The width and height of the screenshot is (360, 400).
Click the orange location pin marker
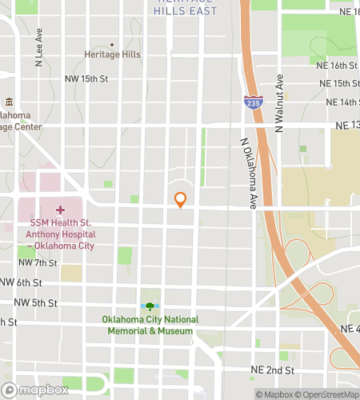pos(181,200)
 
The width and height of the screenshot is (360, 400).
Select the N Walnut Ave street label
pos(279,103)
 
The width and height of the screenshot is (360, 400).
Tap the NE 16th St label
pos(338,65)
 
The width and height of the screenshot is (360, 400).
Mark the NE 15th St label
pos(338,83)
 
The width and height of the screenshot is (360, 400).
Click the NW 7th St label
pos(37,262)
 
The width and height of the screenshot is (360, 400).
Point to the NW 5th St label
pos(33,302)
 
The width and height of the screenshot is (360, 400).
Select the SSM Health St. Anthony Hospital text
pos(60,234)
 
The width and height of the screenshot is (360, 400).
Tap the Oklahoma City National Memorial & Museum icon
pos(150,306)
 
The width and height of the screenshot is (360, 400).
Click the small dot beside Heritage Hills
pos(111,45)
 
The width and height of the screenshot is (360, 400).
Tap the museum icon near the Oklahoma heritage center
pos(9,102)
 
